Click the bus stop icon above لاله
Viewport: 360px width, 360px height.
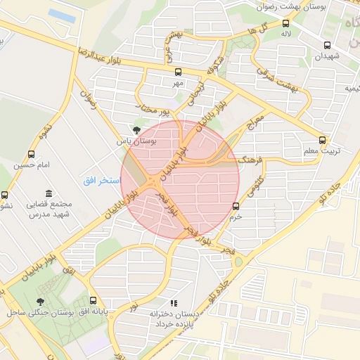[285, 22]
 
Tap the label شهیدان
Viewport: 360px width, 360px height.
[328, 56]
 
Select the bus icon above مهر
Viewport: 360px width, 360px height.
[178, 72]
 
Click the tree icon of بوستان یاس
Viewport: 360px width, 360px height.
[136, 130]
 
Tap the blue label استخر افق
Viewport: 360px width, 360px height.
[100, 181]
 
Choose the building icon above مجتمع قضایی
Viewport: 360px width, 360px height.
[48, 193]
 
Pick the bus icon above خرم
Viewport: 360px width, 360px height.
[236, 206]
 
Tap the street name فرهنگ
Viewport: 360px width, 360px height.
[250, 160]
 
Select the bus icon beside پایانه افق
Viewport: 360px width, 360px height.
[94, 301]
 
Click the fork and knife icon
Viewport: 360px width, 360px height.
[173, 303]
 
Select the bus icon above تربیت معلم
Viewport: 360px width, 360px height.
[322, 140]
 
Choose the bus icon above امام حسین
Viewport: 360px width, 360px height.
[30, 154]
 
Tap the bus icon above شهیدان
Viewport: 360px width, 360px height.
[327, 45]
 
